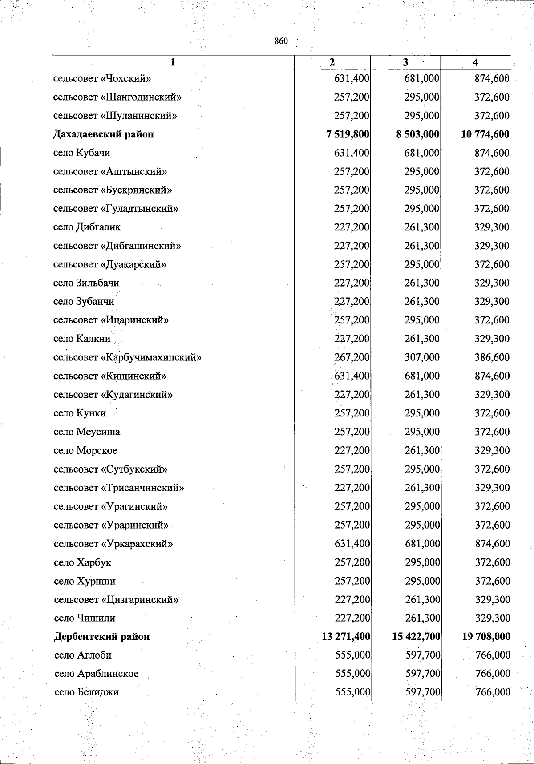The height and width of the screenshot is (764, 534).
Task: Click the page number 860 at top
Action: click(x=281, y=41)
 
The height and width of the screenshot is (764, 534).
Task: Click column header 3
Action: click(x=405, y=62)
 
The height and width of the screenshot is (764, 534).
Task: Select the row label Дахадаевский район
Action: click(x=103, y=134)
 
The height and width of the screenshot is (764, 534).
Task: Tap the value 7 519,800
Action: click(x=348, y=134)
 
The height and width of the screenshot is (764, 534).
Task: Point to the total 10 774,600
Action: click(x=485, y=134)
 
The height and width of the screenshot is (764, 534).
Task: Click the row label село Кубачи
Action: click(x=81, y=153)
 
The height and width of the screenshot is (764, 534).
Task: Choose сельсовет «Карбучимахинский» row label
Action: click(x=127, y=357)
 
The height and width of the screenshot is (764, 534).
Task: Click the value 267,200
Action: click(x=352, y=357)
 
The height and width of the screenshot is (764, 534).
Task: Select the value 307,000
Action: click(x=422, y=357)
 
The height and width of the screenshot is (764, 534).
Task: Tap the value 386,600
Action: click(x=492, y=357)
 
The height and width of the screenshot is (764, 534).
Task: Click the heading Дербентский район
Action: click(x=102, y=637)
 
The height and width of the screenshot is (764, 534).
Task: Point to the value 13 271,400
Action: click(x=346, y=637)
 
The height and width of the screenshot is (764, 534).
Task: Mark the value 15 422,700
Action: click(x=416, y=637)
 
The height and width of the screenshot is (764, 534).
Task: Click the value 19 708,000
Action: click(x=486, y=637)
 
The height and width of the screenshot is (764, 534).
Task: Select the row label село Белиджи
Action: click(x=86, y=692)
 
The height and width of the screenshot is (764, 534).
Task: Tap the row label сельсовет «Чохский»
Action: click(x=102, y=79)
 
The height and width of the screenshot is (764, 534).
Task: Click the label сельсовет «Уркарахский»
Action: click(x=113, y=544)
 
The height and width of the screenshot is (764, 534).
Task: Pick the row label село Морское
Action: click(x=85, y=450)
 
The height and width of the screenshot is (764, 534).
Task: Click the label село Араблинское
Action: click(x=96, y=674)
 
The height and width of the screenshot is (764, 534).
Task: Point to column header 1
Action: click(x=173, y=62)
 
